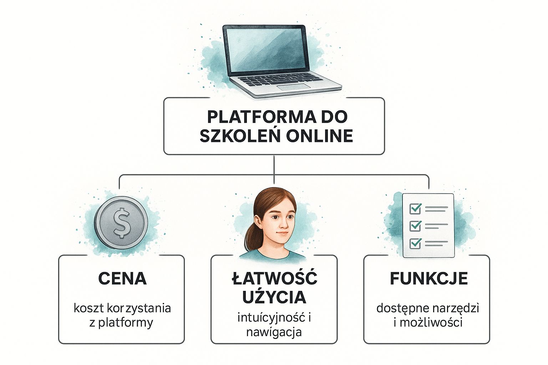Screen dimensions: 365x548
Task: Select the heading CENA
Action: pos(122,279)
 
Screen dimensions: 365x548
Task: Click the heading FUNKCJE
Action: pos(428,278)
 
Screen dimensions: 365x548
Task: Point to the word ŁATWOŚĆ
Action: pos(274,278)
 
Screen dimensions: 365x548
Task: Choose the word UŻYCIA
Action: pos(274,297)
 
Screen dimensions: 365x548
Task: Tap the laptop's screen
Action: pos(266,49)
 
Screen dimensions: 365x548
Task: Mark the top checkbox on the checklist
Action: pos(415,209)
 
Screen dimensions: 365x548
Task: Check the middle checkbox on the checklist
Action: pos(415,226)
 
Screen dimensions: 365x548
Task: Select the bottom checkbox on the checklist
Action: pos(415,243)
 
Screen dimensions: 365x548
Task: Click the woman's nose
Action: pos(282,224)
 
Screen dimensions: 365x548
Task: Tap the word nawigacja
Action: pos(274,332)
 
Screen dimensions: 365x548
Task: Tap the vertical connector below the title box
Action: pos(274,165)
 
